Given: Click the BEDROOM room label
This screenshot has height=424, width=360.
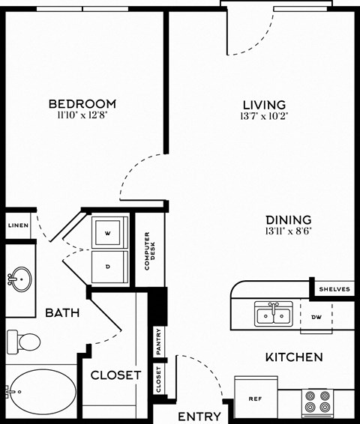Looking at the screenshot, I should point(82,103).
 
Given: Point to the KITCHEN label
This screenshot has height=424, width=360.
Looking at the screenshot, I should point(294,357).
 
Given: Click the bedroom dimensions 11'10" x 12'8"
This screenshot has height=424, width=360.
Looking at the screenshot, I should point(82,115).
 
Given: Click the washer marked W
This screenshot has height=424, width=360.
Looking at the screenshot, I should point(108,233).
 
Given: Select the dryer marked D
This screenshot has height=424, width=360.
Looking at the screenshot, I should point(108,265).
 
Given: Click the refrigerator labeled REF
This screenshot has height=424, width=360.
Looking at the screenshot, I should point(255,398).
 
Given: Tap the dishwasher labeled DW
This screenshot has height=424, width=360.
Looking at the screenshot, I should point(316,317).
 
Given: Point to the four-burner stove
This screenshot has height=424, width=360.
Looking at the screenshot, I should point(317,402).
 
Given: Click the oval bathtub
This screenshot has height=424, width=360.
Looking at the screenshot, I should point(41,392).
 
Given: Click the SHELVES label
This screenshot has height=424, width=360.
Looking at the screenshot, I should point(334,289).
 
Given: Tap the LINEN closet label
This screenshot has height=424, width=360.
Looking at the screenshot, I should point(18,225).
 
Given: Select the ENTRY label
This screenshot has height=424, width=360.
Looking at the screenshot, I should point(199,416).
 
